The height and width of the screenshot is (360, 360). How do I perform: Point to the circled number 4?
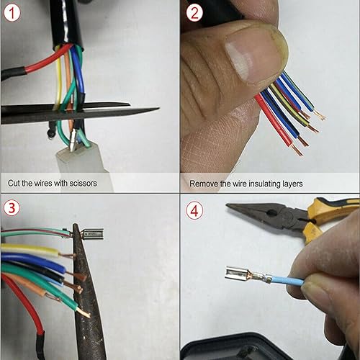click(x=194, y=212)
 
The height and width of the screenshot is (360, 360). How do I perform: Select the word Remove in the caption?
click(x=204, y=184)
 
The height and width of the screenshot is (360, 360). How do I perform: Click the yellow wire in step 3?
click(x=29, y=250)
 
